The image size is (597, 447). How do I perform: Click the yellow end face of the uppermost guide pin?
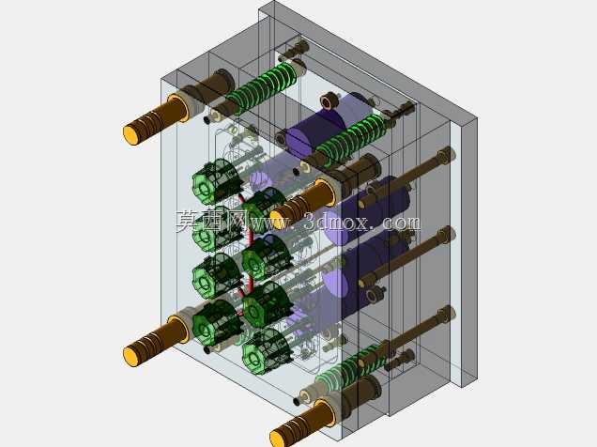[x=130, y=135]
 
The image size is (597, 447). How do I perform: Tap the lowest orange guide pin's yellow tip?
[x=277, y=438]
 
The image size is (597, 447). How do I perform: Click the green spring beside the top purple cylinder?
[x=350, y=140]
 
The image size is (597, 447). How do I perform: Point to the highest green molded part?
[x=216, y=183]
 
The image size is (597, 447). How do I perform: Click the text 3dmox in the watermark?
[x=335, y=222]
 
